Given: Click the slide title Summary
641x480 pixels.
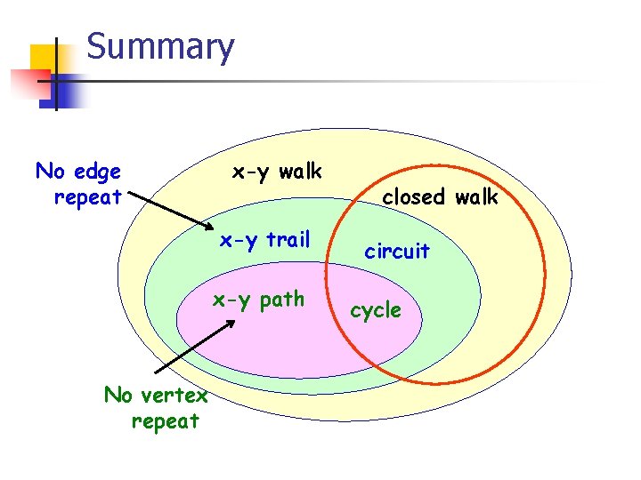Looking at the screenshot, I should [160, 47].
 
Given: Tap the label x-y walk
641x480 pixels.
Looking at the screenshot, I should [277, 171].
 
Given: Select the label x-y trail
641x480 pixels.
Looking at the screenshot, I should [264, 239].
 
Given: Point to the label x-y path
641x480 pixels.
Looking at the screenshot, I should [258, 300].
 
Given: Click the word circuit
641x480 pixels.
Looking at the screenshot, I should [397, 252].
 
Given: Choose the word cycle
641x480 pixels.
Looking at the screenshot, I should [375, 311].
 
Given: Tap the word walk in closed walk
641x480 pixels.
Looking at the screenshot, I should [475, 197].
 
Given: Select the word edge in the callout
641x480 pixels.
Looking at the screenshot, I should [99, 171].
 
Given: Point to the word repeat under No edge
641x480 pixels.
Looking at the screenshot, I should [87, 197].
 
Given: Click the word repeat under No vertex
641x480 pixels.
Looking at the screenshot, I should [165, 421].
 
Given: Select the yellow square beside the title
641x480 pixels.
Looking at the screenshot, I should [45, 60].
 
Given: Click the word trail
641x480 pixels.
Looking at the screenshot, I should [286, 239].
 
